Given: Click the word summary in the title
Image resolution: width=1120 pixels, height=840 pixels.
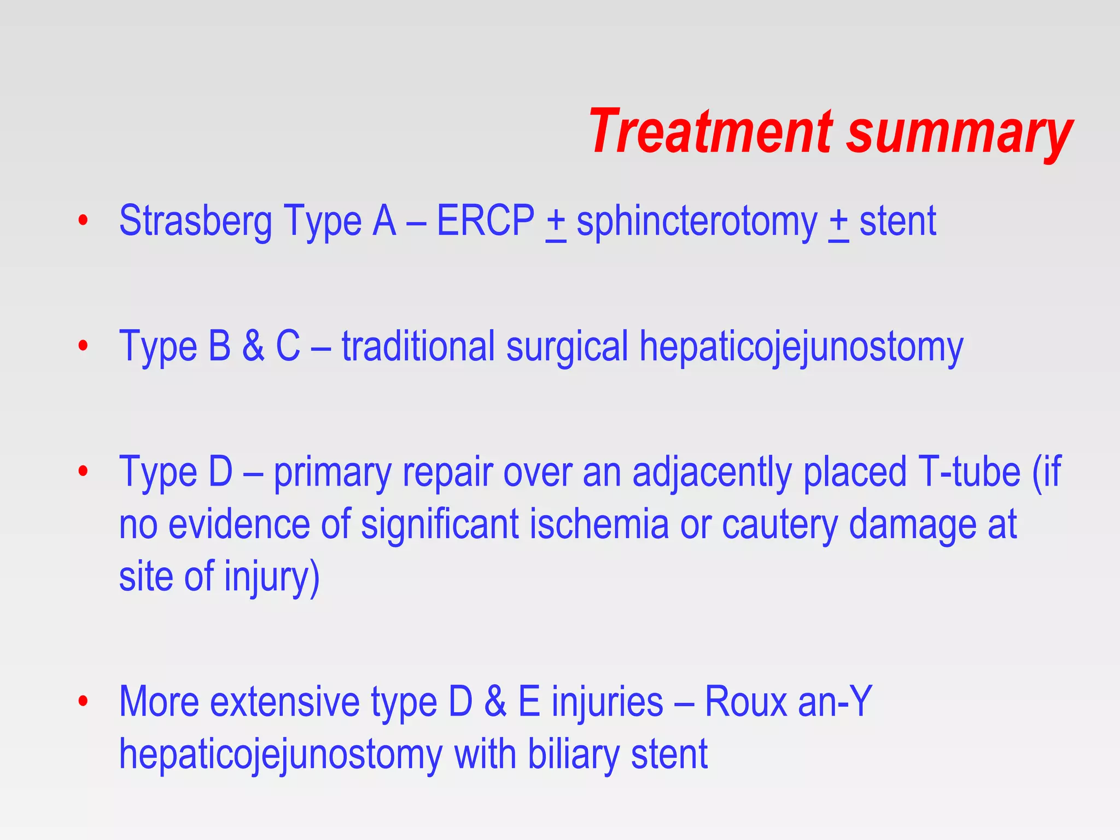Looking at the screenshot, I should pos(959,134).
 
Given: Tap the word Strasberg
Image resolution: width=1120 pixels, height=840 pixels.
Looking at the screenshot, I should pos(195,221).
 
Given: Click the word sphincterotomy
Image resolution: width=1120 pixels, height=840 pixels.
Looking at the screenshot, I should pos(697,222).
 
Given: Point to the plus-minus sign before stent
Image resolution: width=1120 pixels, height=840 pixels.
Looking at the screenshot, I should pos(838,223).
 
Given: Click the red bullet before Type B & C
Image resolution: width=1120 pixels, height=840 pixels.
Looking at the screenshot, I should pos(83,346).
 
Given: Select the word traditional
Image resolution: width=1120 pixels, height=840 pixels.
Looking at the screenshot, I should pos(418,346).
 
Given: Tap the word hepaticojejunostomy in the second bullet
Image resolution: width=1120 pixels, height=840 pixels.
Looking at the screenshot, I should pos(801,348).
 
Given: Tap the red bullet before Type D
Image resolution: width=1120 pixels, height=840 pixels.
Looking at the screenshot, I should pos(83,471).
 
